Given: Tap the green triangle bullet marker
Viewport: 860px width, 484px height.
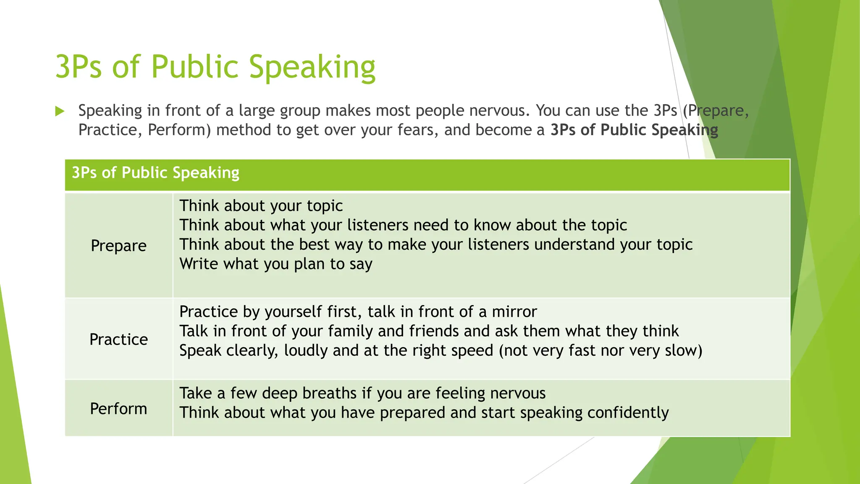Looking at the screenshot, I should (x=60, y=111).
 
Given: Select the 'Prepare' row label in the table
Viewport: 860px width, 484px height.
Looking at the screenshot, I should (x=119, y=246).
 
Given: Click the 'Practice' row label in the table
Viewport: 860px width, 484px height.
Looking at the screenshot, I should (x=119, y=339).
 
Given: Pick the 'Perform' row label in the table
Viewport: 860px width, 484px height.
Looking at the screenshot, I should (x=119, y=409).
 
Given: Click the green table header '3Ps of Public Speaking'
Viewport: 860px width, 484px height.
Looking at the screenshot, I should (x=155, y=173).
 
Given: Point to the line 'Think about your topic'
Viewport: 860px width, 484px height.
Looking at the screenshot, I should (x=261, y=206).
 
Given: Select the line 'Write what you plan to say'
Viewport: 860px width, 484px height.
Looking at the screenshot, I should (x=276, y=264).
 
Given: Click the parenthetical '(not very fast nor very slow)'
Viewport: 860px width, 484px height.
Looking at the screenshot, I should (x=600, y=350).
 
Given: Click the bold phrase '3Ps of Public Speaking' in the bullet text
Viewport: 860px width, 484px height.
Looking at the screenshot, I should (x=634, y=130).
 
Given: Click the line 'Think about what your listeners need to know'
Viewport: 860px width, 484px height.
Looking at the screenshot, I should (x=403, y=225).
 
